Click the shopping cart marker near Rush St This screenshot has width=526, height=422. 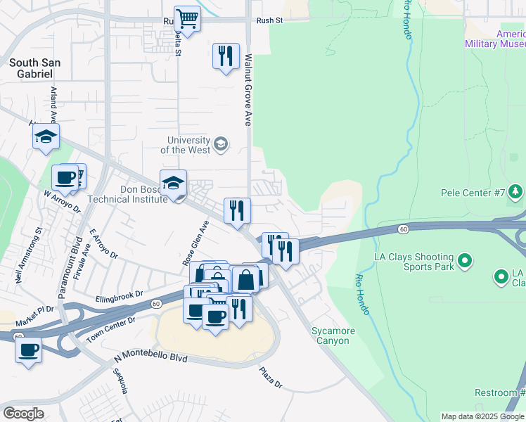187,18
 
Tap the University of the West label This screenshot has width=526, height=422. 185,145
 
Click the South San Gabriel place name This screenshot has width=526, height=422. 34,68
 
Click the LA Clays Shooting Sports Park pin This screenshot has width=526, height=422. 464,262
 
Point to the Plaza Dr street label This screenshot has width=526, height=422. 270,378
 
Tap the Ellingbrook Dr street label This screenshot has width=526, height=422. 120,294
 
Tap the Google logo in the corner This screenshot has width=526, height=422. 23,413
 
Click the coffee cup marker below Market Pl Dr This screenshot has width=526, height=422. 29,350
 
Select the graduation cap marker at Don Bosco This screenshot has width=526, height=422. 173,184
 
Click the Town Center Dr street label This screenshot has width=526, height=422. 111,331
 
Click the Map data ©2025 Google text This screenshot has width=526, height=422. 482,416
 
